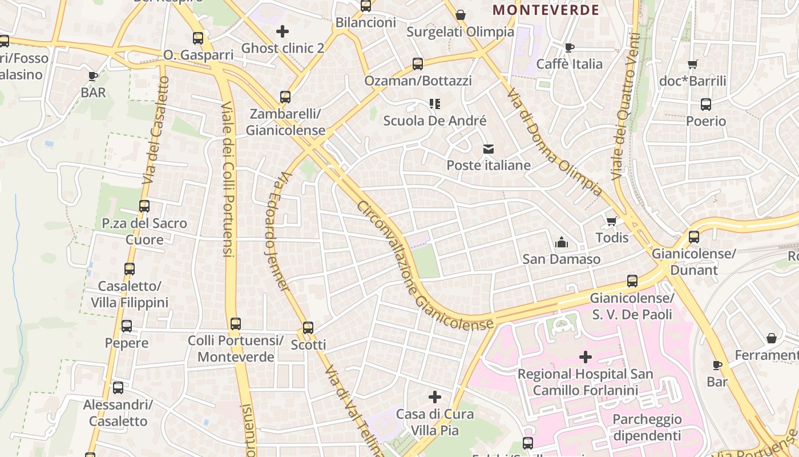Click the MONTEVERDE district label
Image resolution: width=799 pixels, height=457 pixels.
546,10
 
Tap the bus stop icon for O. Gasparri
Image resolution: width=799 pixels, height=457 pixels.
198,38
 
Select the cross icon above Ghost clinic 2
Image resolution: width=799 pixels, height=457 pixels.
283,31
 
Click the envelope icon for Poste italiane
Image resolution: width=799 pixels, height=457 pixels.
489,149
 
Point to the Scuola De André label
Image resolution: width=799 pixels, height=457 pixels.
435,121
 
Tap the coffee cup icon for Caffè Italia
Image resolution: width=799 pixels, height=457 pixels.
569,47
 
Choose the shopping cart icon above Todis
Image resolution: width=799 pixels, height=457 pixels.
612,221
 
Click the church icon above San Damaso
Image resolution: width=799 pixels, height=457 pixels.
562,243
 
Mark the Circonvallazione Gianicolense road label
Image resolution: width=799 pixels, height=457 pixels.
425,266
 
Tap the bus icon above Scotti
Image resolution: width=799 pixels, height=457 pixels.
308,328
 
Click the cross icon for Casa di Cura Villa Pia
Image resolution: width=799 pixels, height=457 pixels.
435,396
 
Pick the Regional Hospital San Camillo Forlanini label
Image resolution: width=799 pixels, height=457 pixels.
585,382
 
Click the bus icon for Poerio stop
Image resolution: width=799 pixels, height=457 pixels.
706,105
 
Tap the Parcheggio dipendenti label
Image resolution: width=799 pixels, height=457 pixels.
647,427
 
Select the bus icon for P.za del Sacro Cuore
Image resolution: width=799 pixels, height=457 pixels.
144,206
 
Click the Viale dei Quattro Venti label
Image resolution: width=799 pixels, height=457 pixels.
625,107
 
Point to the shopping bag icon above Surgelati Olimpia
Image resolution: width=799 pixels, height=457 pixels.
461,15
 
